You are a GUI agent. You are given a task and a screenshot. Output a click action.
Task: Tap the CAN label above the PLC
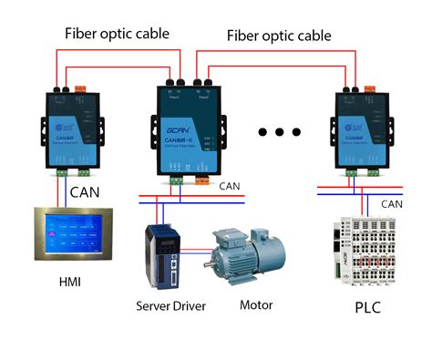pyautogui.click(x=392, y=204)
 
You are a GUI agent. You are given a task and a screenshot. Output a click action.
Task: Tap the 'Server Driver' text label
pyautogui.click(x=170, y=305)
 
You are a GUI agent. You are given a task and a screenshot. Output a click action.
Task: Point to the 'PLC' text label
pyautogui.click(x=367, y=307)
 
